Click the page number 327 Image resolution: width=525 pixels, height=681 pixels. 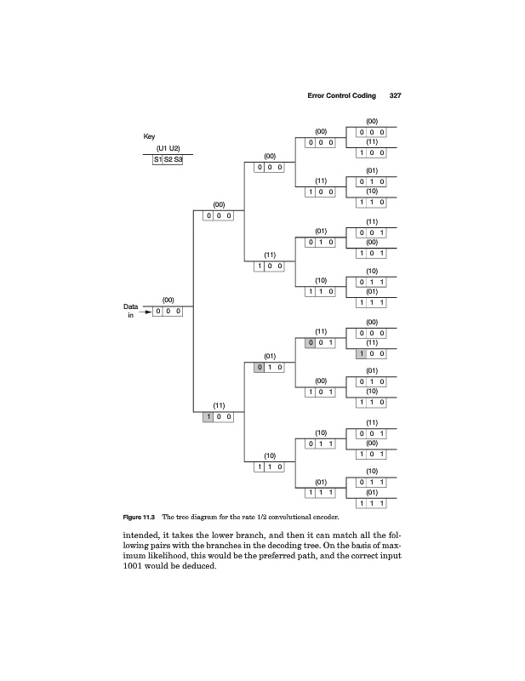pos(395,96)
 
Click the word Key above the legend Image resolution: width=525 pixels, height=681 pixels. pos(149,137)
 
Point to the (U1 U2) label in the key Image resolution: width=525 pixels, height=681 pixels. pos(167,148)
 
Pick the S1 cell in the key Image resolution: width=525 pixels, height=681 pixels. pos(157,158)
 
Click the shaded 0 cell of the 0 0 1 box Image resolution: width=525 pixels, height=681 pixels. pos(311,343)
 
